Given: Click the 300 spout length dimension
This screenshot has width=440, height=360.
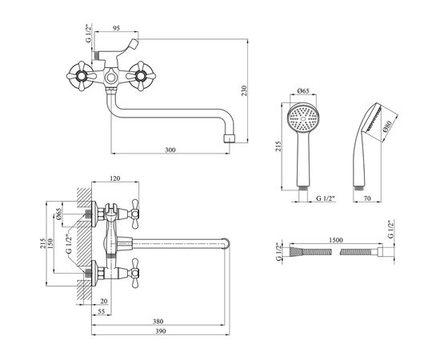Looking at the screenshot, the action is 170,150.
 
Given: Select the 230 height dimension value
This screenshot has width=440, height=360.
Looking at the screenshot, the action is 244,90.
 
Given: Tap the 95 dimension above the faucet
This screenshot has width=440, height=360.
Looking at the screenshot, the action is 117,28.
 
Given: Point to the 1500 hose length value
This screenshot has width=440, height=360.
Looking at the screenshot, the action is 336,240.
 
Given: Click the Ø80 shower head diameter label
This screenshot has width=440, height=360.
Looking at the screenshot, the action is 388,127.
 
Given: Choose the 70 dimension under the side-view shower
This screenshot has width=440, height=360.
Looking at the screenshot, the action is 367,198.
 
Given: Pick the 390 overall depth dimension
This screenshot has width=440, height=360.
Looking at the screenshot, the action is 161,331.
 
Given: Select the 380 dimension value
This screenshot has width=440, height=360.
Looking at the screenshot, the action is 158,322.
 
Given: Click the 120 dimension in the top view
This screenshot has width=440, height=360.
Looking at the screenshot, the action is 115,178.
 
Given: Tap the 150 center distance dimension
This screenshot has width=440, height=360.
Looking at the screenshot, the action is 50,243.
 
